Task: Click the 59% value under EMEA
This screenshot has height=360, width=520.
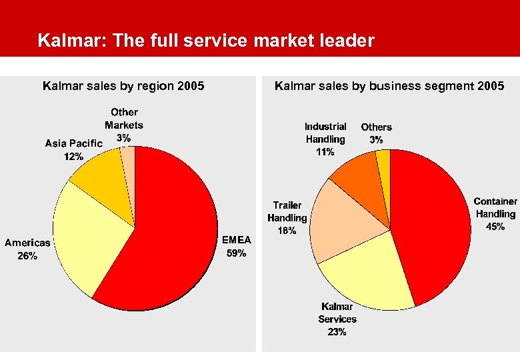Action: click(237, 253)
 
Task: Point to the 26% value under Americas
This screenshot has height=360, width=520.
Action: click(27, 256)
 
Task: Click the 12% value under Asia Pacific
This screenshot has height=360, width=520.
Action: click(73, 157)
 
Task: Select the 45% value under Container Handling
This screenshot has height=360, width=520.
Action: click(495, 227)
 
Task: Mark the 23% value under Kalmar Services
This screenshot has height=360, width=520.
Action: click(337, 332)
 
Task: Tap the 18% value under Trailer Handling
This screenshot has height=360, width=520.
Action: click(287, 231)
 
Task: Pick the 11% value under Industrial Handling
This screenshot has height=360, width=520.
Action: click(325, 152)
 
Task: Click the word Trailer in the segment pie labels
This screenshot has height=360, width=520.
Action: click(287, 205)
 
